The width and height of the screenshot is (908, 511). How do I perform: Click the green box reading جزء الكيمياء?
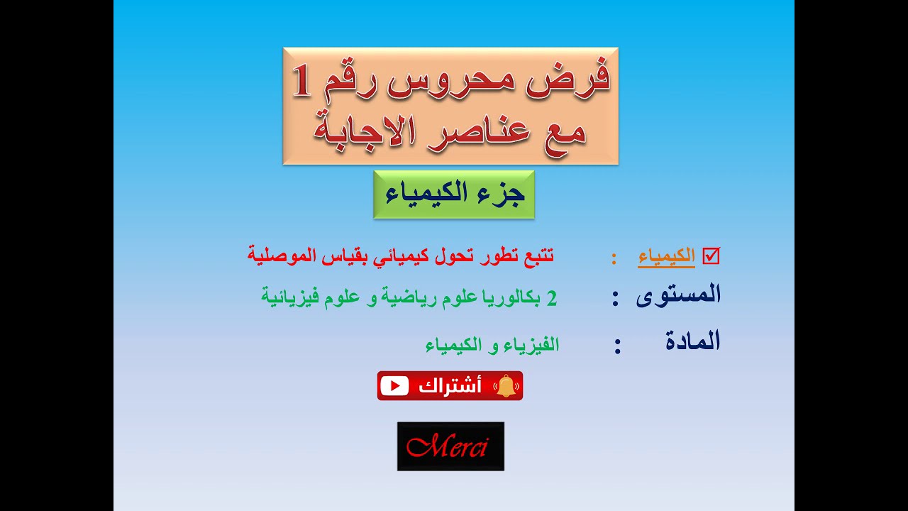(454, 194)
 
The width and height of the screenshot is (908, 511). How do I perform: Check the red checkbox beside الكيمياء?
(711, 256)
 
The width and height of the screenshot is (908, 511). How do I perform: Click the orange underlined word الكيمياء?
(666, 257)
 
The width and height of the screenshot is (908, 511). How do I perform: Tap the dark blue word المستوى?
(678, 295)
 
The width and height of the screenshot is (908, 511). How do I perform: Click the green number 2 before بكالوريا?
(552, 298)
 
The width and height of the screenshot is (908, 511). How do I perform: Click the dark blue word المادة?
(692, 342)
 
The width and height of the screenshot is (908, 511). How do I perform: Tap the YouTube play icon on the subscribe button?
(394, 385)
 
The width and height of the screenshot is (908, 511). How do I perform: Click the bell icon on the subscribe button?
(506, 386)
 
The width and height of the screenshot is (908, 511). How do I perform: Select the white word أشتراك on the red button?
(450, 386)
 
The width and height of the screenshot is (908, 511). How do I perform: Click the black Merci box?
(450, 446)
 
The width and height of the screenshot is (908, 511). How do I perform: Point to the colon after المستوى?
(616, 299)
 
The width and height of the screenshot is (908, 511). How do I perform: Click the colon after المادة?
(618, 346)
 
